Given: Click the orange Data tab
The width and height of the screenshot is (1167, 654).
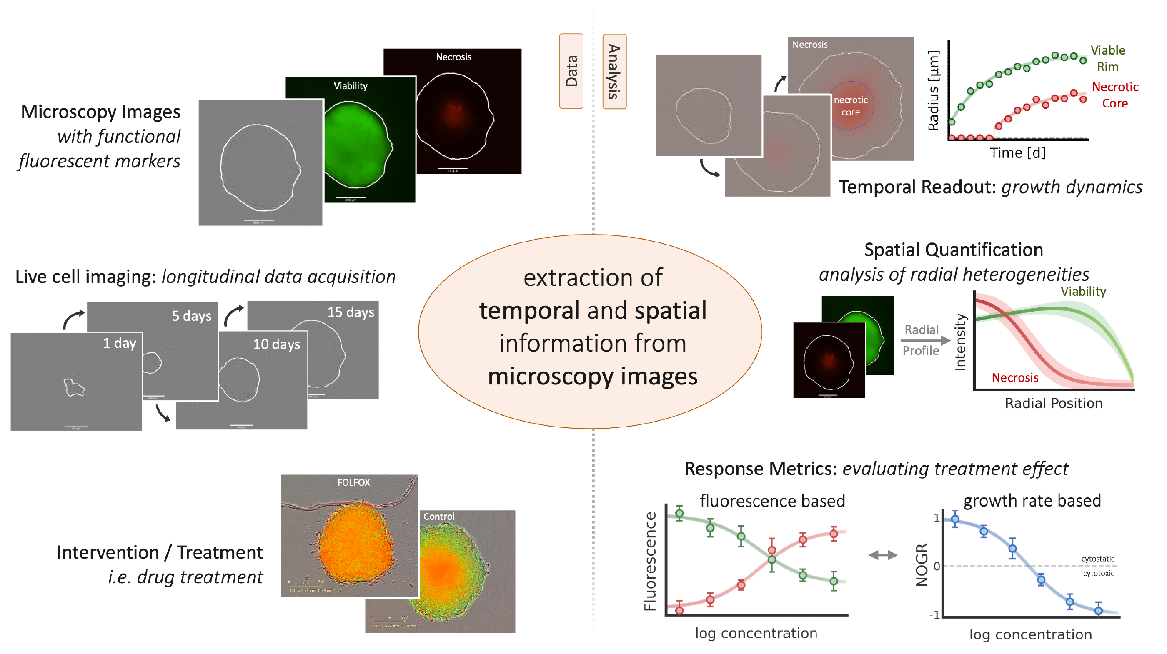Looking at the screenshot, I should tap(571, 71).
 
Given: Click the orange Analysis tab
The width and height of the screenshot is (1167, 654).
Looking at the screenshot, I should tap(614, 71).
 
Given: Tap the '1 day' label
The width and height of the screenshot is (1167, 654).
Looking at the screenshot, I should tap(120, 343).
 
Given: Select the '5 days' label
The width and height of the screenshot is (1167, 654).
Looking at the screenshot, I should tap(191, 316).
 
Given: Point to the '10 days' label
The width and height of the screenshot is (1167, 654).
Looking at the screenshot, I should tap(276, 344).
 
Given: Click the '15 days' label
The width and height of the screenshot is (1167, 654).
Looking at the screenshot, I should tap(351, 312).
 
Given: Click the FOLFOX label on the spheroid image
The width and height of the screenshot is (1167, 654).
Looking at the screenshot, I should tap(353, 482).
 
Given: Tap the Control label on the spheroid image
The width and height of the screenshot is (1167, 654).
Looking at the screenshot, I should tap(438, 516).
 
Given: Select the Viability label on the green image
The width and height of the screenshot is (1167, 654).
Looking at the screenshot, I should tap(350, 86).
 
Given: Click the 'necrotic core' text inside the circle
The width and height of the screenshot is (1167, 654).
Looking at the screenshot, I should tap(850, 106).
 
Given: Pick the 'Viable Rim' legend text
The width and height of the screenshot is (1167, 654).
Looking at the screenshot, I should tap(1108, 58).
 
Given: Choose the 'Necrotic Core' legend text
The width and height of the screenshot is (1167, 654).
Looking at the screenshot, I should tap(1115, 95).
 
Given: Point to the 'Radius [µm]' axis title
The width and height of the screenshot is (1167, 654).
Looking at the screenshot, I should tap(934, 90).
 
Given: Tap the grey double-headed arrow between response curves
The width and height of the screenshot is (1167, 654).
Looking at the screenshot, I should tap(882, 555).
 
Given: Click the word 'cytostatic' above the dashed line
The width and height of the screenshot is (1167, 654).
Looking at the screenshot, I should tap(1097, 559).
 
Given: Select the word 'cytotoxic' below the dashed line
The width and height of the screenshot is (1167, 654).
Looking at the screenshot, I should tap(1098, 573).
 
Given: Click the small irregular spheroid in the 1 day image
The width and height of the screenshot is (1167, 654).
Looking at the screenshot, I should tap(73, 388).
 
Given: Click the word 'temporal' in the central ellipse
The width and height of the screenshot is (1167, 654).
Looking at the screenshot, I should tap(529, 311).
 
